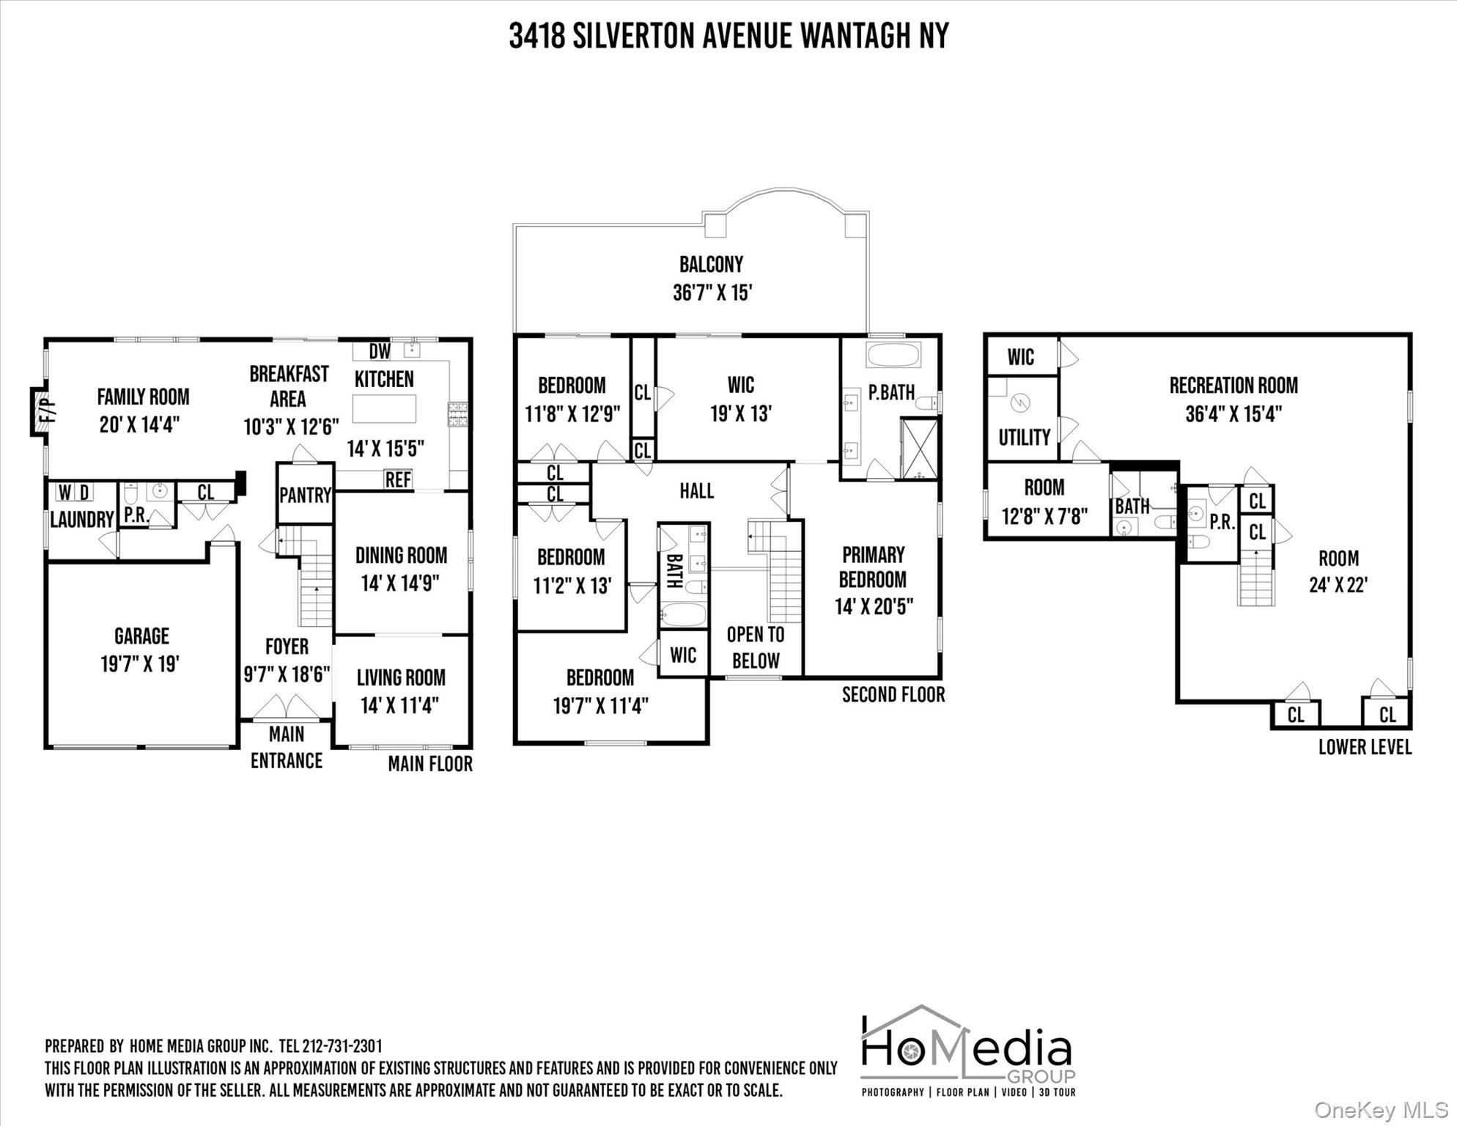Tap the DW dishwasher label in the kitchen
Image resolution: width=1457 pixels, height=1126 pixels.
coord(380,352)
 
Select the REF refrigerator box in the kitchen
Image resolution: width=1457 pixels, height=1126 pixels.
coord(398,479)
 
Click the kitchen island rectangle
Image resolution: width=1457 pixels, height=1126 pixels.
coord(384,408)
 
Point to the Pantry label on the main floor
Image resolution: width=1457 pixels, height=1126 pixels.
coord(305,495)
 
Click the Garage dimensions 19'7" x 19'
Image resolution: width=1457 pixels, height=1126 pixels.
coord(140,664)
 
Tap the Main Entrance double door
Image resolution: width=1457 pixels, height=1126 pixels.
coord(287,707)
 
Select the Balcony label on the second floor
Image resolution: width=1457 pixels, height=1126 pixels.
coord(711,264)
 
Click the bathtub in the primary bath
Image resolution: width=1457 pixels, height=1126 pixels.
coord(893,355)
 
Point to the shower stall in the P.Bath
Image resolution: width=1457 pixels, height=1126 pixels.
coord(918,448)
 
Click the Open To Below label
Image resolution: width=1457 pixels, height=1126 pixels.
coord(756,647)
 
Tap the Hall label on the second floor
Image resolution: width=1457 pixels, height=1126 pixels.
coord(696,490)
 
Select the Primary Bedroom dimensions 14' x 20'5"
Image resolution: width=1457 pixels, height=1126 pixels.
coord(874,607)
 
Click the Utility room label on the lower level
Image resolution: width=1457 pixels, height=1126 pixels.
coord(1024,438)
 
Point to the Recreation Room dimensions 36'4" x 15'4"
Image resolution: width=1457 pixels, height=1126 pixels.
coord(1233,414)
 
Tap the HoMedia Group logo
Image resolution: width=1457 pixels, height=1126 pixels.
coord(967,1052)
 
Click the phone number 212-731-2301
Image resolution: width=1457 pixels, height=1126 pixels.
coord(342,1046)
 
